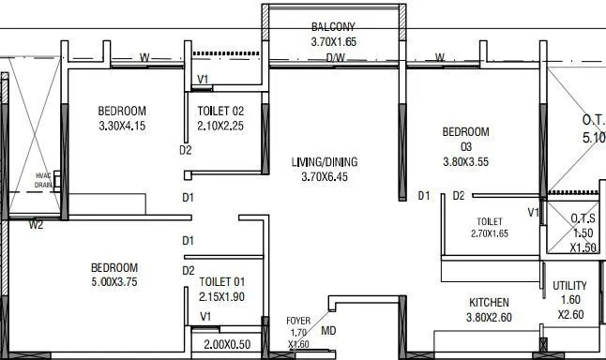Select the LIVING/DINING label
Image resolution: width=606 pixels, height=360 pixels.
[325, 161]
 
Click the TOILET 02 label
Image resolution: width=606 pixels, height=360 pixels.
[220, 111]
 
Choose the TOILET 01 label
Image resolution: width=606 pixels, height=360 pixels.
[221, 282]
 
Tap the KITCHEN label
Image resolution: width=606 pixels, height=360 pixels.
[490, 302]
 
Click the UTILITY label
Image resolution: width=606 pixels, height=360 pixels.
[569, 286]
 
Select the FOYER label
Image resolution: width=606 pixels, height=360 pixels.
[298, 321]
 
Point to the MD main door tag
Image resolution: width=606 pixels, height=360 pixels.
[328, 330]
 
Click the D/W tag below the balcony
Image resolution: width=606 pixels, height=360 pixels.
[335, 58]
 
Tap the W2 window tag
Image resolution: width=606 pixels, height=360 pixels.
[36, 224]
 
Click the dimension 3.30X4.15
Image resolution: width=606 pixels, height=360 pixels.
[122, 126]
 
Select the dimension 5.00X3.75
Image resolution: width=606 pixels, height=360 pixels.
[114, 282]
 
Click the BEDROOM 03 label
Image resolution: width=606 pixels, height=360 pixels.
[465, 139]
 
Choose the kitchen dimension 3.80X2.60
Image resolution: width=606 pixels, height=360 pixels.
[490, 317]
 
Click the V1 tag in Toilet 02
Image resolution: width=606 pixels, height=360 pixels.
[203, 80]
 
